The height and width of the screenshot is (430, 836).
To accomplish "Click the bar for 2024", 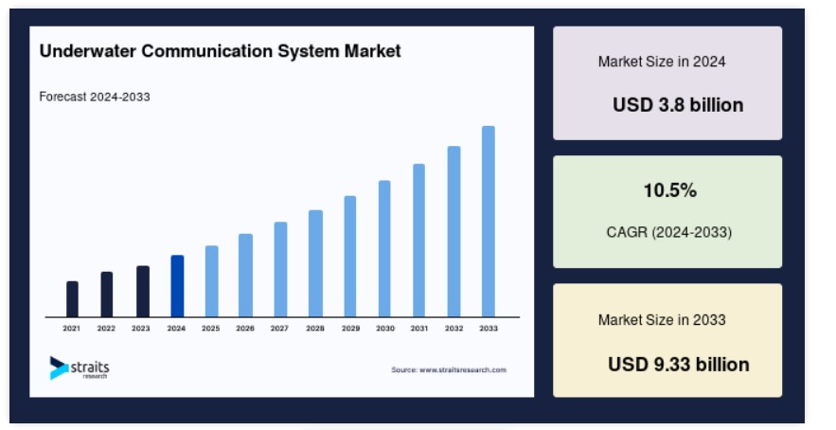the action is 177,286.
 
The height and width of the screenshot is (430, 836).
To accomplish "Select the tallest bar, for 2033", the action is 489,222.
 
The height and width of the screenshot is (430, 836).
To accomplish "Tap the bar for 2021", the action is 73,298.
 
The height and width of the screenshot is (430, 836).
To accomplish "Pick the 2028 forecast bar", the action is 315,263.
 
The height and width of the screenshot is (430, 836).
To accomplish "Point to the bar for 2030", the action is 384,248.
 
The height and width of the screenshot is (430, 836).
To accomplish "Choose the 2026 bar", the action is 246,276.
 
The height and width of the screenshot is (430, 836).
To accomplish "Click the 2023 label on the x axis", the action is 141,329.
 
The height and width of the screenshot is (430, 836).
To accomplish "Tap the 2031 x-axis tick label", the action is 419,329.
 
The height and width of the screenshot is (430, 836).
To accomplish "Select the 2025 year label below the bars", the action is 210,329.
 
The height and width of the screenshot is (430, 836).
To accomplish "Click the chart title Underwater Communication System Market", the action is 221,51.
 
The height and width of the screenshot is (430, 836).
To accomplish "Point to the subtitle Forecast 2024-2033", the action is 95,97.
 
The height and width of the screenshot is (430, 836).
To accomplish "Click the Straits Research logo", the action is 80,368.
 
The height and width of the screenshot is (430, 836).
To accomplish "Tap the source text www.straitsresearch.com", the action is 463,369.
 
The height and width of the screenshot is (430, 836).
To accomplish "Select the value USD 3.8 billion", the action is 678,104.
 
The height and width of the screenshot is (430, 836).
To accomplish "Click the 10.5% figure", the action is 669,190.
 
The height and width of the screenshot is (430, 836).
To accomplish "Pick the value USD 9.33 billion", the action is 679,365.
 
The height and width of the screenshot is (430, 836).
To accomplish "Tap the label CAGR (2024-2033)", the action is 669,232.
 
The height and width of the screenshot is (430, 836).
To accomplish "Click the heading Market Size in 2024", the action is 662,62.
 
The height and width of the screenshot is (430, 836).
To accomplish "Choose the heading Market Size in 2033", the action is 662,319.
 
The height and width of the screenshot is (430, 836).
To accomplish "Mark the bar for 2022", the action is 107,295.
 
